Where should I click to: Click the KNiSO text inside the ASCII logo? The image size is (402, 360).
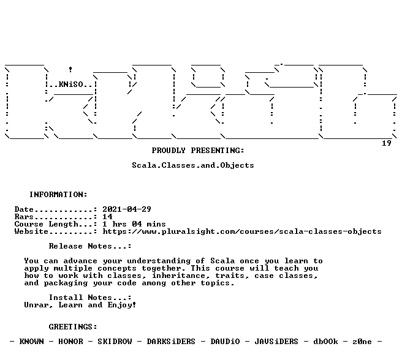(x=70, y=84)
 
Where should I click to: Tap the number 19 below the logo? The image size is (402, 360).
(x=386, y=143)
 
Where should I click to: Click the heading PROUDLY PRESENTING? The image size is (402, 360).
(x=198, y=151)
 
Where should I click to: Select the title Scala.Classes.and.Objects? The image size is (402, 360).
(x=193, y=165)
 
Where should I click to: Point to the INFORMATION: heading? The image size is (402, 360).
(x=58, y=195)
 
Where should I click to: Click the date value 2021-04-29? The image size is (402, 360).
(x=127, y=209)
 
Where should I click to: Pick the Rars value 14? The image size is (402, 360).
(x=107, y=217)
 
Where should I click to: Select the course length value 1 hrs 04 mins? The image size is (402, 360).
(x=134, y=224)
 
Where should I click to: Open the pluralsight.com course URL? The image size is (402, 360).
(x=242, y=231)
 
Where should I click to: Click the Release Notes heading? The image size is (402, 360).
(x=90, y=246)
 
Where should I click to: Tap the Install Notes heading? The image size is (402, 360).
(x=90, y=298)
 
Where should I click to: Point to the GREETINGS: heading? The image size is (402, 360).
(x=73, y=327)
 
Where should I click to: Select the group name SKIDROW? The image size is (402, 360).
(x=115, y=342)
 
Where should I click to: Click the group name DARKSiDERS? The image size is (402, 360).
(x=171, y=342)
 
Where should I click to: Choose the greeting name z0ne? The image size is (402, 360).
(x=362, y=342)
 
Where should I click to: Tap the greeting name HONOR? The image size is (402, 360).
(x=70, y=342)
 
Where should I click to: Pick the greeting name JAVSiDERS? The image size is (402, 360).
(x=276, y=342)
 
